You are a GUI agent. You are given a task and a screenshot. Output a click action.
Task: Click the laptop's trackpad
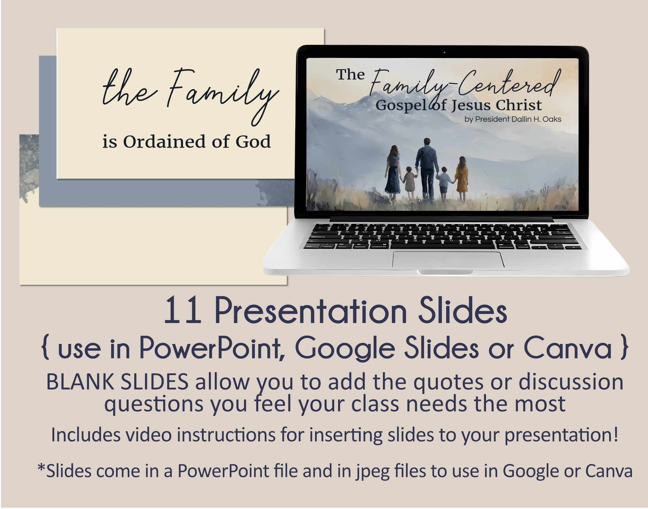pos(448,259)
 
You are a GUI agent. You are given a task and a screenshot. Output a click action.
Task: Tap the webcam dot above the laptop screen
pos(445,53)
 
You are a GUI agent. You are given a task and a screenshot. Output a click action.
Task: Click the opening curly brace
pos(46,349)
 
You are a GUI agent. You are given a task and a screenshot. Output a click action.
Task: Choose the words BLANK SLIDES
pos(117,382)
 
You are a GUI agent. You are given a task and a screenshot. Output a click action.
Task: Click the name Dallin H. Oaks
pos(534,119)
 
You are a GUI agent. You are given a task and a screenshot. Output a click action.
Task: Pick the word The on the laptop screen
pos(351,75)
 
